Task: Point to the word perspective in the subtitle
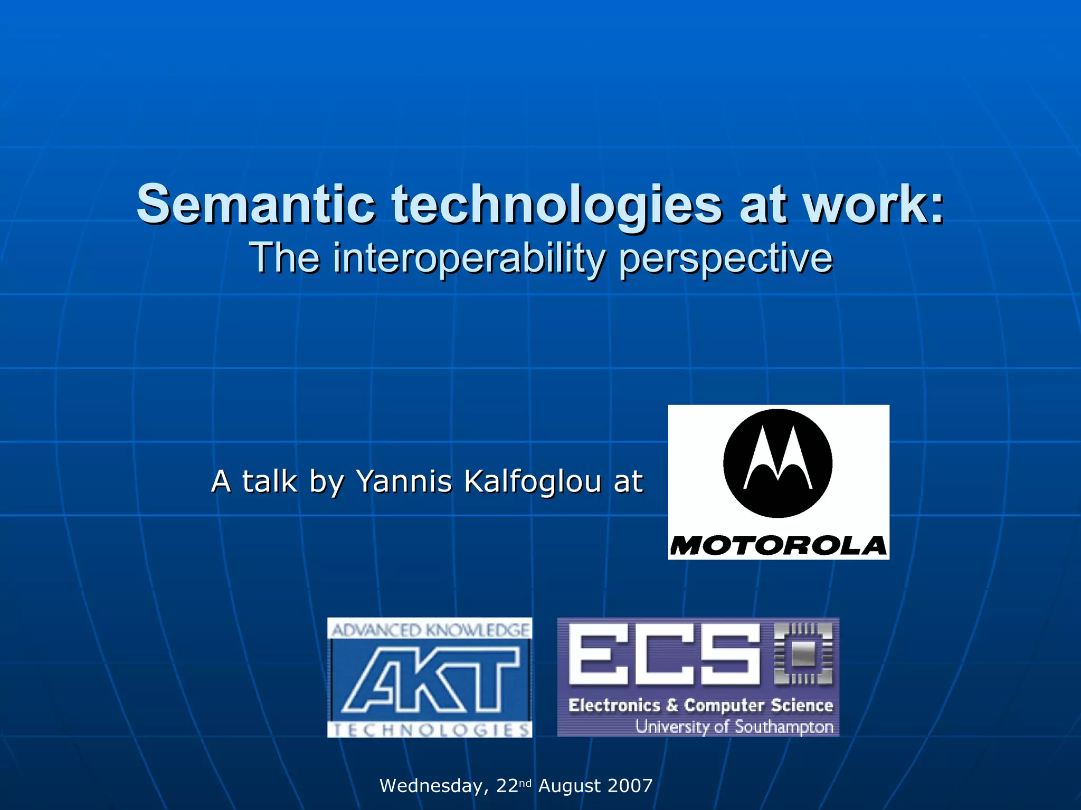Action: tap(726, 259)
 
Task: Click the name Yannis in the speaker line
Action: tap(404, 481)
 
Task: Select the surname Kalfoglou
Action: tap(533, 481)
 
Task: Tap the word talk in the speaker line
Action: tap(269, 481)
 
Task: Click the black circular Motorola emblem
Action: tap(777, 464)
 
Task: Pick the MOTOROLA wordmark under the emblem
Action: tap(778, 546)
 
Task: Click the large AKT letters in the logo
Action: tap(430, 680)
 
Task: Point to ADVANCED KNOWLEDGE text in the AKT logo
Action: tap(430, 630)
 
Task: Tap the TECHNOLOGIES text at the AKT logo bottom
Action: tap(430, 730)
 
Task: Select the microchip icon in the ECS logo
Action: tap(803, 654)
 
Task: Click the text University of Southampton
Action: tap(734, 727)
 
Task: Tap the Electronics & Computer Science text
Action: tap(700, 705)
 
